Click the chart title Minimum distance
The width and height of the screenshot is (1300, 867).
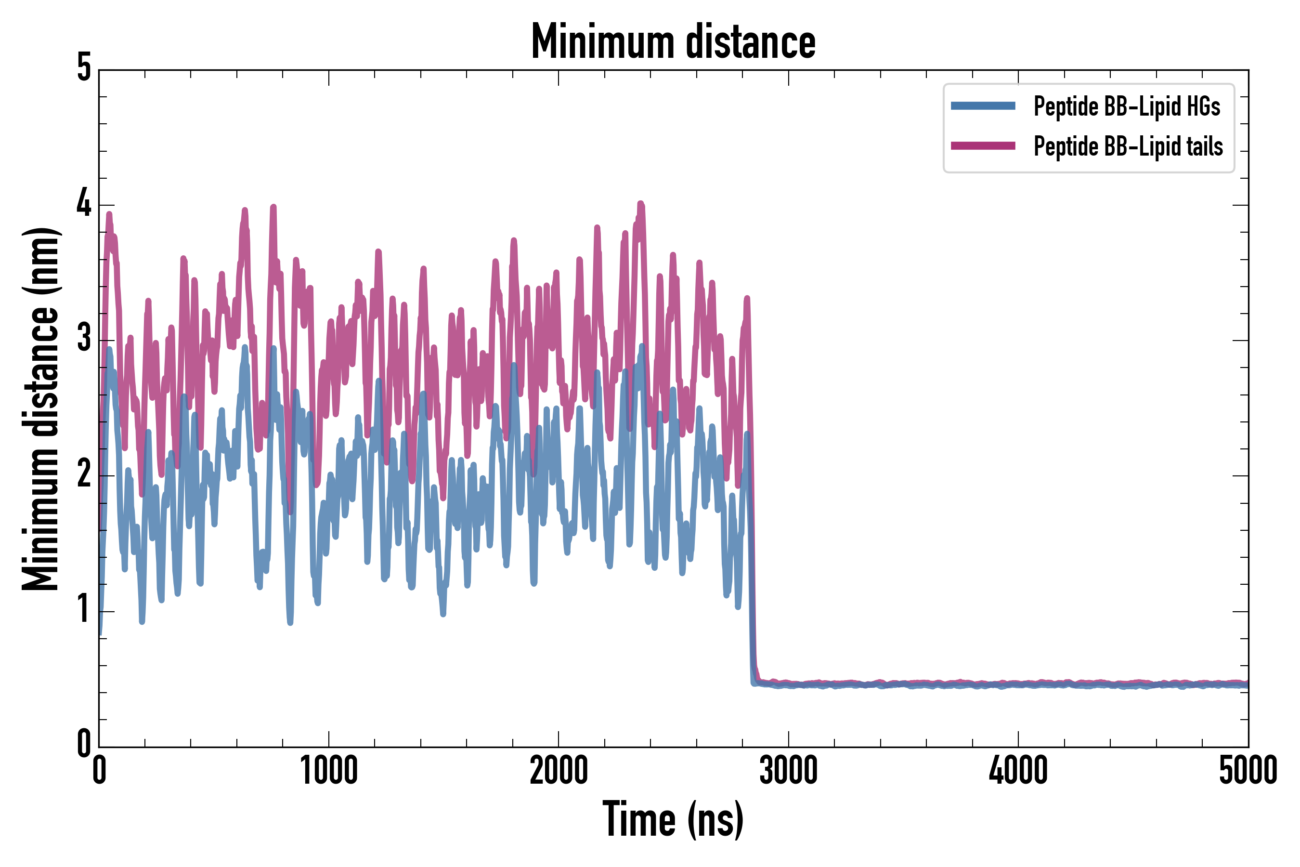pos(673,42)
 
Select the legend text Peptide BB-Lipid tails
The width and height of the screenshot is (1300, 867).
pos(1128,146)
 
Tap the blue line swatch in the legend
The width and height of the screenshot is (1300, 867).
pos(983,106)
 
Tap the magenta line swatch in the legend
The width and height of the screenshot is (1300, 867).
pos(983,146)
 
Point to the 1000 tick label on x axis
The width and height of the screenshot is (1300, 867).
pos(329,770)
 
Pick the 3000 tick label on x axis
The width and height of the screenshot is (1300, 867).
pos(788,770)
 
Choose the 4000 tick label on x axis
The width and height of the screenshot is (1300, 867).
pos(1018,770)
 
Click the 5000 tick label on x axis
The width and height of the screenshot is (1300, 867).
pos(1248,770)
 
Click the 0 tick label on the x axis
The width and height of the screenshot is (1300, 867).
pos(100,770)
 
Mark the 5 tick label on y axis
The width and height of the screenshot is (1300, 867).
pos(84,68)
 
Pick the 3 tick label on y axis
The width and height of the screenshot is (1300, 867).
pos(84,339)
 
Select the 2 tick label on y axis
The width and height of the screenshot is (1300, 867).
pos(84,474)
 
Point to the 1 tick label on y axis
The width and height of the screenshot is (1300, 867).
pos(84,609)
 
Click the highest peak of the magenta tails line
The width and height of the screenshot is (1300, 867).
pos(640,205)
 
